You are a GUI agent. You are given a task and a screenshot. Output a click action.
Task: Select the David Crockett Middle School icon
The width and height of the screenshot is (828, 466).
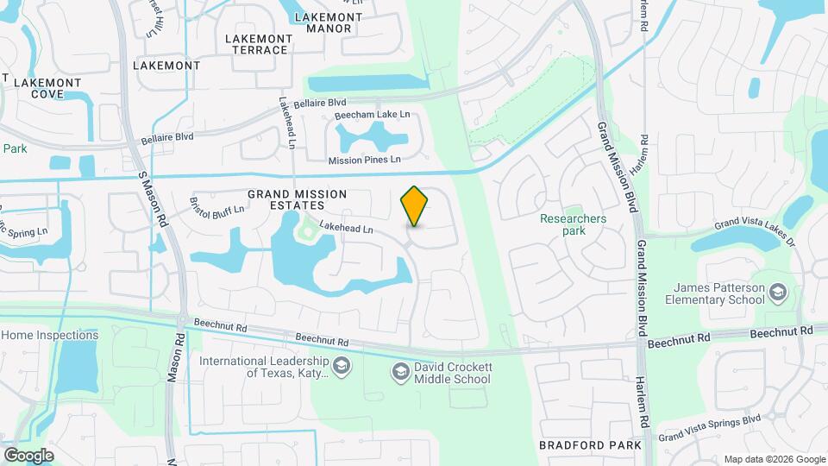pos(400,373)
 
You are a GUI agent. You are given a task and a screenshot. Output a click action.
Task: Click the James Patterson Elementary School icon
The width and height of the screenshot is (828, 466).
pos(780,293)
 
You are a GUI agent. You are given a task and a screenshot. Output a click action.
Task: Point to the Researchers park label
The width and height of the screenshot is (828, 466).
pos(573,224)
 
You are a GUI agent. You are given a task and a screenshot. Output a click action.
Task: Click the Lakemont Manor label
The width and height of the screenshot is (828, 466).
pos(323,22)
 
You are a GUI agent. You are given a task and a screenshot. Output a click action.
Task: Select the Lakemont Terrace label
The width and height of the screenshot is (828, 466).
pos(256,44)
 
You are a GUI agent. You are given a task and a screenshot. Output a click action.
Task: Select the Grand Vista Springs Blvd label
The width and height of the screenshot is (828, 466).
pos(710,428)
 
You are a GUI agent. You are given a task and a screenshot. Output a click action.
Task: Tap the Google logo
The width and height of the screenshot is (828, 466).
pos(28,455)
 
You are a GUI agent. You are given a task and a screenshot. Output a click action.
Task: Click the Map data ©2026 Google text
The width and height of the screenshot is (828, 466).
pos(774,459)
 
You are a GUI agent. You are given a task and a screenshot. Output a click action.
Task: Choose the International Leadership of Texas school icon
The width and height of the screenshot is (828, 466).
pos(342,368)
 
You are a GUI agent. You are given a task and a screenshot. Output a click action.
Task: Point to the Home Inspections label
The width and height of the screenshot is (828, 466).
pos(49,335)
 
